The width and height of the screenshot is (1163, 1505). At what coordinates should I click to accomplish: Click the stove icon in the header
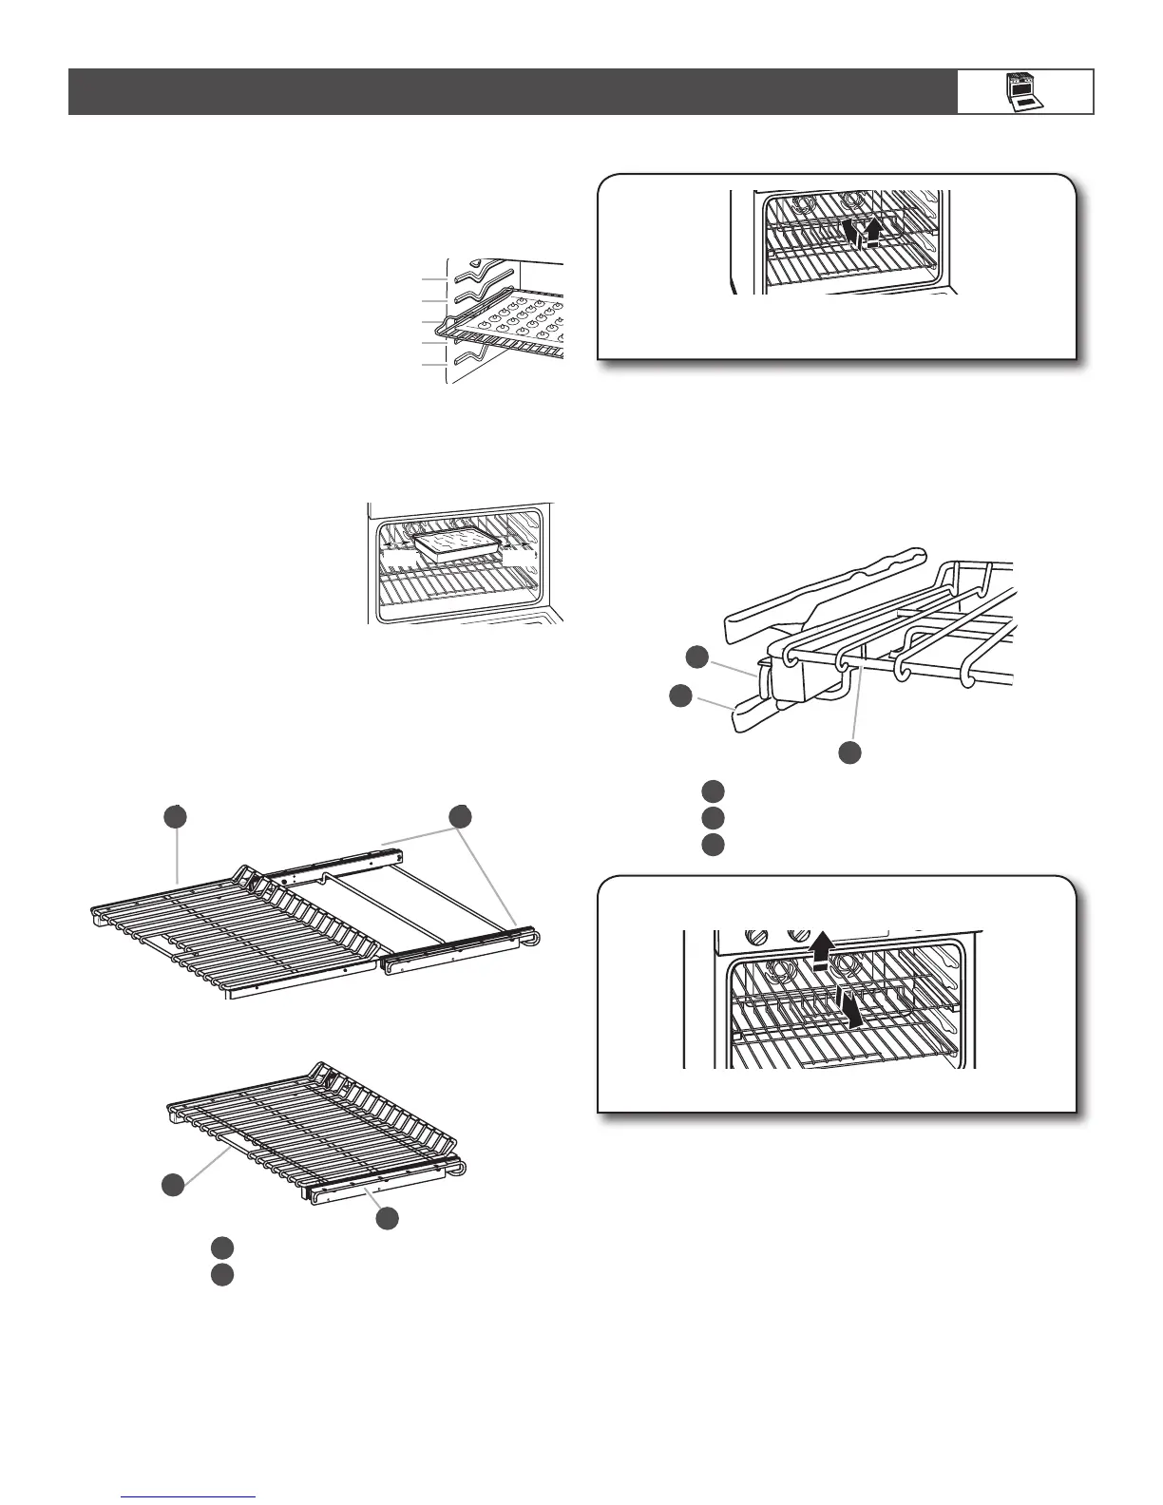coord(1023,92)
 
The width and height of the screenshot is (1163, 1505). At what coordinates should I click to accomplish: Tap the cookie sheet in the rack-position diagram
coord(513,323)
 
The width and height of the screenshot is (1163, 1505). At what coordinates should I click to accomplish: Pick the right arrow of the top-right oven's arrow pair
coord(873,230)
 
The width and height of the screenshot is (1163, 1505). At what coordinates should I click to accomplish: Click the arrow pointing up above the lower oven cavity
coord(824,945)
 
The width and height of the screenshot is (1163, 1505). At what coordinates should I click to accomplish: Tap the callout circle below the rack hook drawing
coord(849,752)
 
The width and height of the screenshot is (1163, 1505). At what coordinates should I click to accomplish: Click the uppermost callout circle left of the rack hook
coord(697,656)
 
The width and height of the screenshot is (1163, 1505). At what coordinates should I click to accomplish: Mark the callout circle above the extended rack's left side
coord(173,816)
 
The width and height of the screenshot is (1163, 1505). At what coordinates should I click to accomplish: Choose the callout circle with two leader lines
coord(461,816)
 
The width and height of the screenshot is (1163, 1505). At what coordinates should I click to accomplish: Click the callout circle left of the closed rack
coord(172,1184)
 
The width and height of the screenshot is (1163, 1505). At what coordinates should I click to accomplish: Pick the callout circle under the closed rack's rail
coord(386,1218)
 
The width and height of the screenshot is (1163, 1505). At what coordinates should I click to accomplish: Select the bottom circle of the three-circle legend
coord(714,845)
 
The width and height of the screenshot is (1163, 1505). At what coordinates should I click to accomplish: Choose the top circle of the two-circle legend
coord(222,1248)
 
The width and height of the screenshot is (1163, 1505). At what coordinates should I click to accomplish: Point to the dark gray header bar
coord(513,92)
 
